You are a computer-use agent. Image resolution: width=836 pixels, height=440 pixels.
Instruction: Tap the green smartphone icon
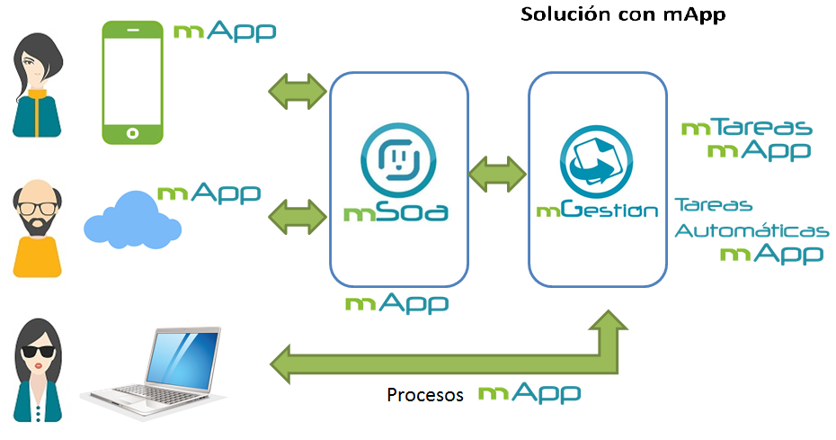pyautogui.click(x=133, y=82)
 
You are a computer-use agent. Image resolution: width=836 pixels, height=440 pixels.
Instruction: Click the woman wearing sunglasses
pyautogui.click(x=38, y=364)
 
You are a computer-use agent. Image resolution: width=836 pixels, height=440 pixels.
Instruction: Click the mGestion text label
pyautogui.click(x=597, y=211)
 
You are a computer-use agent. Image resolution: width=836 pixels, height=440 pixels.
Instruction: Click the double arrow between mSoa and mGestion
pyautogui.click(x=497, y=174)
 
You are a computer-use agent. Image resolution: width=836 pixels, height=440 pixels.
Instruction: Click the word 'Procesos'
pyautogui.click(x=425, y=394)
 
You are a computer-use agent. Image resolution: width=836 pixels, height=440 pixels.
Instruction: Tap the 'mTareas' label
pyautogui.click(x=747, y=128)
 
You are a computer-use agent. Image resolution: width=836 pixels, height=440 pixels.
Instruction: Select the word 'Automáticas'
pyautogui.click(x=751, y=231)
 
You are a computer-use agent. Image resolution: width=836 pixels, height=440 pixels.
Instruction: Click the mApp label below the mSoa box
pyautogui.click(x=396, y=302)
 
